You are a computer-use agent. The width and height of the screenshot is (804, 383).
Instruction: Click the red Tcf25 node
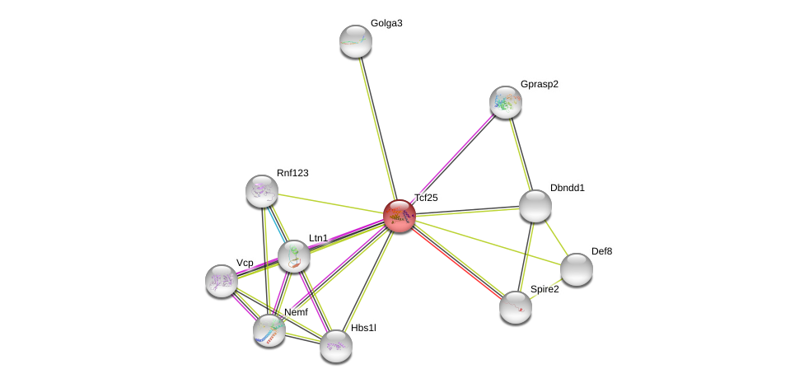click(400, 216)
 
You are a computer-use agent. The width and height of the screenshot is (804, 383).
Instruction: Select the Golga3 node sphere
click(356, 41)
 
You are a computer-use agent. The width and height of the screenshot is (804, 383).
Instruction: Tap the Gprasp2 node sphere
click(506, 102)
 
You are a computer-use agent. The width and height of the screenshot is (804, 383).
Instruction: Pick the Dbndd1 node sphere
click(535, 206)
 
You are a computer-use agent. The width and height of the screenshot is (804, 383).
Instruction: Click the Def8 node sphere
click(577, 269)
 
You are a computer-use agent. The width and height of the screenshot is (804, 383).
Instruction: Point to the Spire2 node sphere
click(516, 307)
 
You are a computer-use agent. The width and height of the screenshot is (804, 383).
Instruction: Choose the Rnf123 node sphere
click(262, 191)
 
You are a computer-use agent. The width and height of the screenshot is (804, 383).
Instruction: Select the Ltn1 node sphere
click(294, 256)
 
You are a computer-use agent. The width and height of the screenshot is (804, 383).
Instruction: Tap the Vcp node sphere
click(222, 281)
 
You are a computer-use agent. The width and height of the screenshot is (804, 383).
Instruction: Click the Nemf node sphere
click(269, 330)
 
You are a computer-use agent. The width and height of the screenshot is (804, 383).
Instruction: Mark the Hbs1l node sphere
click(336, 346)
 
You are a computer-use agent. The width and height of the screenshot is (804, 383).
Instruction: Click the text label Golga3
click(386, 23)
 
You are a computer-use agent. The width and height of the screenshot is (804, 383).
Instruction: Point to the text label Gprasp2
click(540, 84)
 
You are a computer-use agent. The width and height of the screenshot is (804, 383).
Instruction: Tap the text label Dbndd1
click(567, 188)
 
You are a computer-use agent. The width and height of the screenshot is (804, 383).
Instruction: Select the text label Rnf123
click(292, 173)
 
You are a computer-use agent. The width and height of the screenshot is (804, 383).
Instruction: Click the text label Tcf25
click(426, 198)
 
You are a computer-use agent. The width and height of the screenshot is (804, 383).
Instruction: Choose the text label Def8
click(601, 251)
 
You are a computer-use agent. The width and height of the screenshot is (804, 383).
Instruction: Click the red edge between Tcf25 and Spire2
click(457, 261)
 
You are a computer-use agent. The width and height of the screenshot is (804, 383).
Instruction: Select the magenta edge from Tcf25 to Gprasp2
click(452, 159)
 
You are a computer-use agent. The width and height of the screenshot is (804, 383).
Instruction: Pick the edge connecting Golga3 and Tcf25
click(377, 128)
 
